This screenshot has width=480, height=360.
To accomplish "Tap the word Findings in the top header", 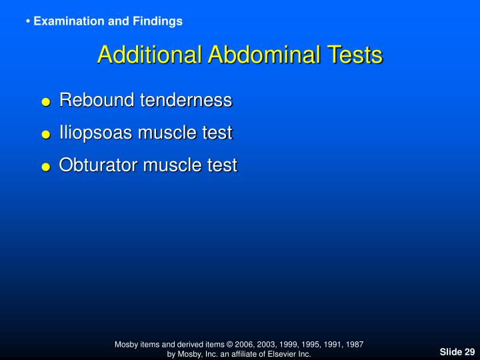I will tap(159, 21).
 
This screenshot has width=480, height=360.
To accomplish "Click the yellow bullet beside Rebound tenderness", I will tap(45, 103).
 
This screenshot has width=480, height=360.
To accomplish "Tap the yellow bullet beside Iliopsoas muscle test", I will tap(45, 135).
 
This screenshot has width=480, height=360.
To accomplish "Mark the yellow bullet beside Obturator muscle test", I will tap(45, 167).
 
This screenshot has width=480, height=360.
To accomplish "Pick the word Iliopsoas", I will tap(96, 133).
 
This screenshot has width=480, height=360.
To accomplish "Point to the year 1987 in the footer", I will tap(353, 344).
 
